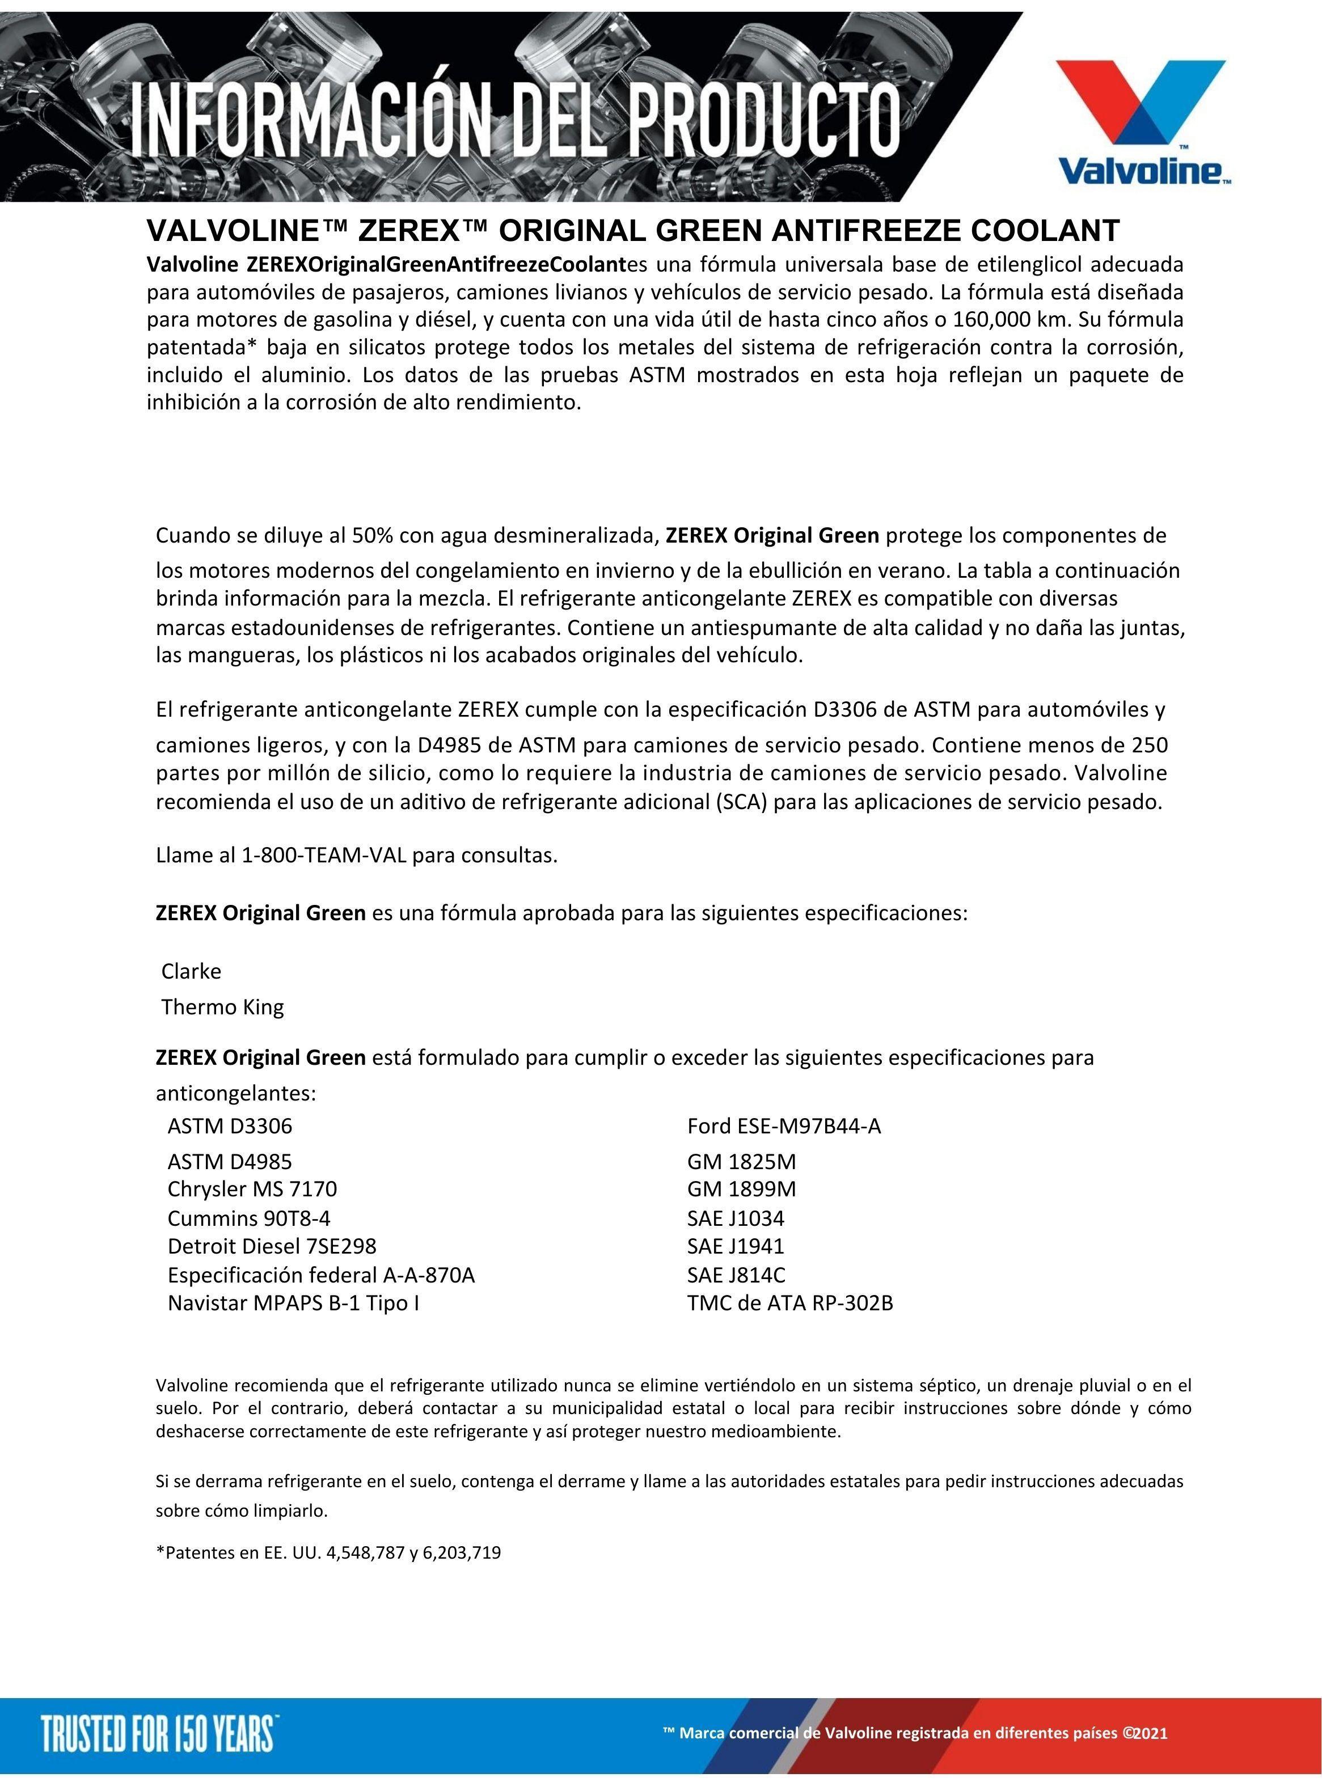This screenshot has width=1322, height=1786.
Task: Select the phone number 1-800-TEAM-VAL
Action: [x=324, y=856]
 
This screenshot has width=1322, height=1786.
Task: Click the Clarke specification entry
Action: [x=191, y=972]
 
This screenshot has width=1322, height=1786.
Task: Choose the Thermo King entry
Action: [x=222, y=1007]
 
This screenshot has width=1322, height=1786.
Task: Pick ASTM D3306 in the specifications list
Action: [x=230, y=1126]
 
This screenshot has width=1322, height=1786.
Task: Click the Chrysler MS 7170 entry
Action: [x=252, y=1188]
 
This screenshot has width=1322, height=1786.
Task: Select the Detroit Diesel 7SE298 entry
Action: [x=271, y=1246]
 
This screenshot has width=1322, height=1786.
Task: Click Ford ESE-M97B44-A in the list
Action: [x=783, y=1126]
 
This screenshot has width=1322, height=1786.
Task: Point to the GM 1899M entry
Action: [x=741, y=1188]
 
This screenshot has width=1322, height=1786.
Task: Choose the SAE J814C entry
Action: [x=736, y=1275]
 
